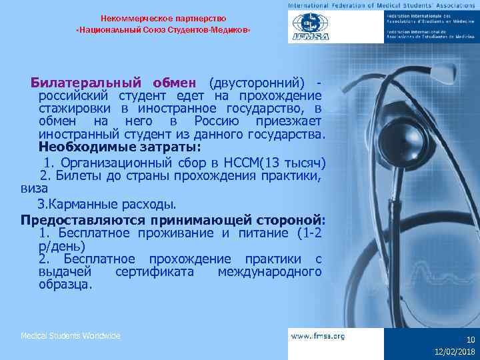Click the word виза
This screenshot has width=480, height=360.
click(34, 189)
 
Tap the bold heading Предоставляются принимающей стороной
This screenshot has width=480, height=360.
click(173, 219)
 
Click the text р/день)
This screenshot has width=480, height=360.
click(62, 246)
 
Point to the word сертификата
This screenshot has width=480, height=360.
click(154, 272)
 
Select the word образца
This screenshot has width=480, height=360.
click(66, 285)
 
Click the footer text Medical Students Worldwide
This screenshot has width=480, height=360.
click(71, 336)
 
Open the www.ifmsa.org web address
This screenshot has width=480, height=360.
click(318, 337)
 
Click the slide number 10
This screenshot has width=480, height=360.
click(470, 339)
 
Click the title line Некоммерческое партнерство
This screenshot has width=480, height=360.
click(163, 18)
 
